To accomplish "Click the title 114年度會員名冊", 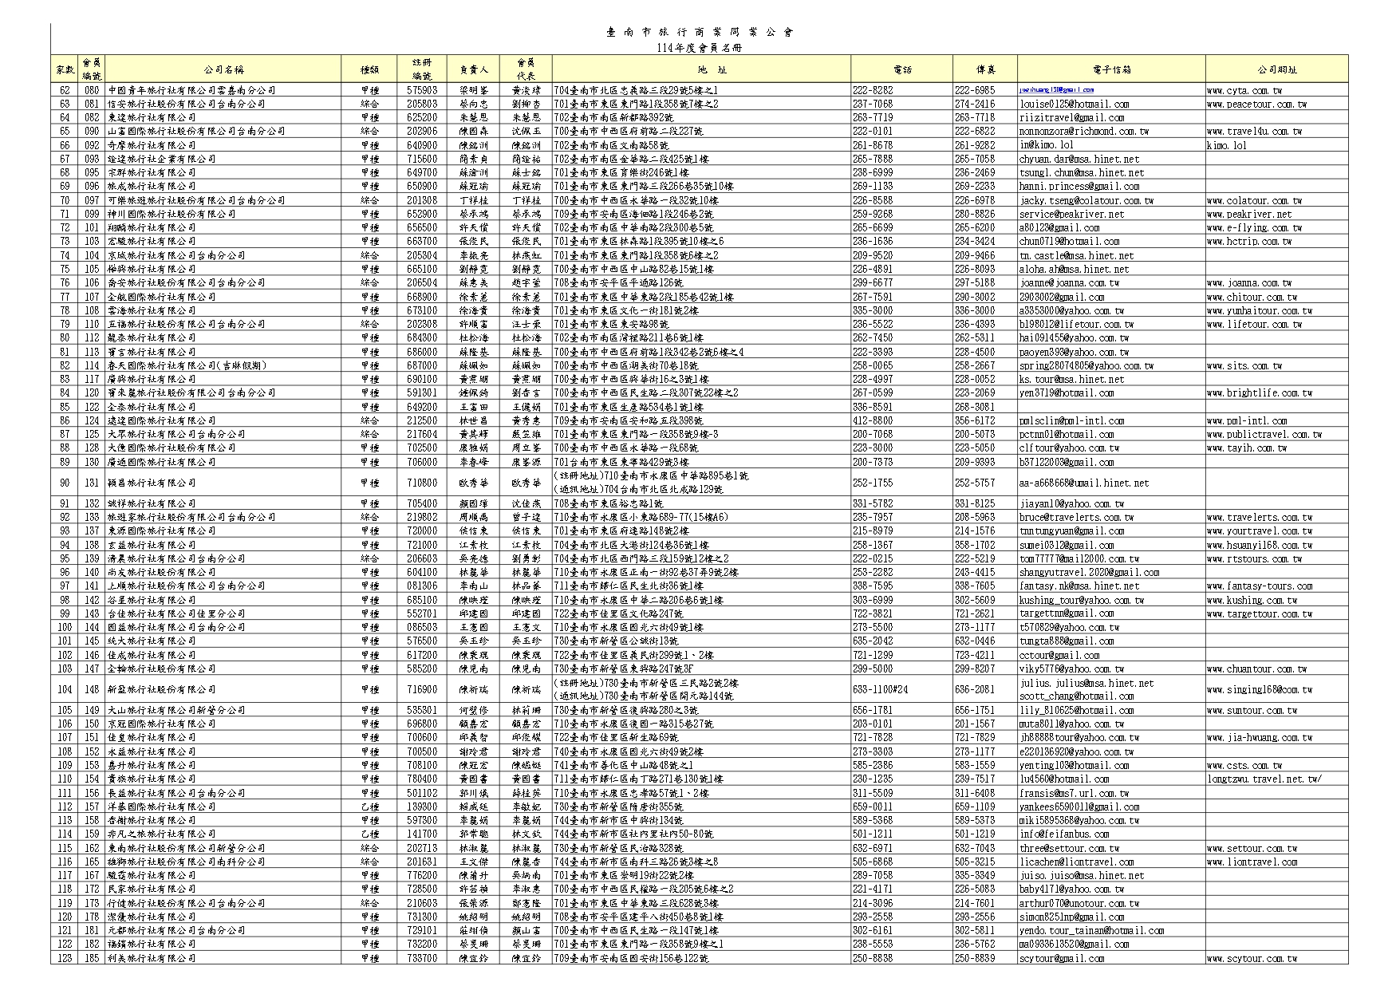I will [x=699, y=48].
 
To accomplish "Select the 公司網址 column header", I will [x=1276, y=69].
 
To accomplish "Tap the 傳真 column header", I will [x=985, y=69].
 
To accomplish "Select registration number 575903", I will [x=421, y=90].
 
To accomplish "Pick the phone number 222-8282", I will [x=873, y=90].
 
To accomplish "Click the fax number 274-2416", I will [x=975, y=104].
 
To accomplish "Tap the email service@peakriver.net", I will [x=1071, y=214].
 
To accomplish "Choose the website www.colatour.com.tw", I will [x=1254, y=200].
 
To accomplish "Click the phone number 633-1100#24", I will [x=880, y=689].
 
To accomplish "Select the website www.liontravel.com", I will [x=1252, y=862].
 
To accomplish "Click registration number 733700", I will [x=421, y=958].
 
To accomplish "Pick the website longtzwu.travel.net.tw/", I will [x=1264, y=779].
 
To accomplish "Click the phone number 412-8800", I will [x=873, y=420].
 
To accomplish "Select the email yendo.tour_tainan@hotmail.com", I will [x=1091, y=930].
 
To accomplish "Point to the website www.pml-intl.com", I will [x=1246, y=420].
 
